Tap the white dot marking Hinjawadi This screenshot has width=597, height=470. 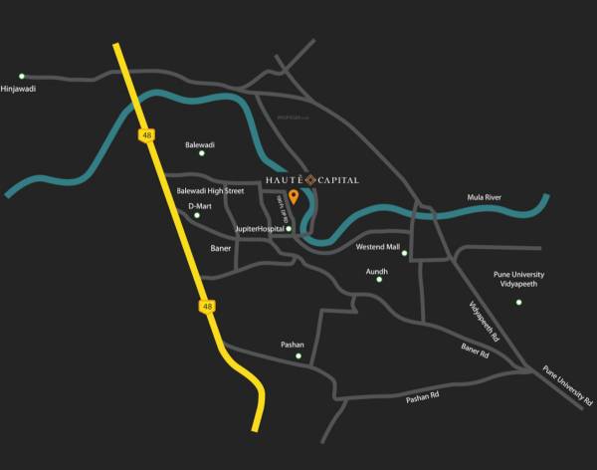click(x=22, y=76)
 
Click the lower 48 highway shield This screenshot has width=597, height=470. click(x=206, y=307)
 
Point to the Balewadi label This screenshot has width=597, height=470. click(x=200, y=144)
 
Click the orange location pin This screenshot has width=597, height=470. click(x=294, y=195)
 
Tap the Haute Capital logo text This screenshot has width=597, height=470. click(x=311, y=179)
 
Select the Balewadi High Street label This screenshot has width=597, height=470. click(x=210, y=190)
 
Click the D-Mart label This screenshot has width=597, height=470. click(x=200, y=206)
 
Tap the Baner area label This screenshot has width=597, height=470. click(x=221, y=248)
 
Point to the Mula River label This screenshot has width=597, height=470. click(x=485, y=197)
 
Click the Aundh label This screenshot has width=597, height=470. click(x=377, y=270)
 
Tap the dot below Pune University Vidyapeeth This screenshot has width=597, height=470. click(x=518, y=302)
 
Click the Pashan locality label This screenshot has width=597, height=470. click(x=293, y=345)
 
